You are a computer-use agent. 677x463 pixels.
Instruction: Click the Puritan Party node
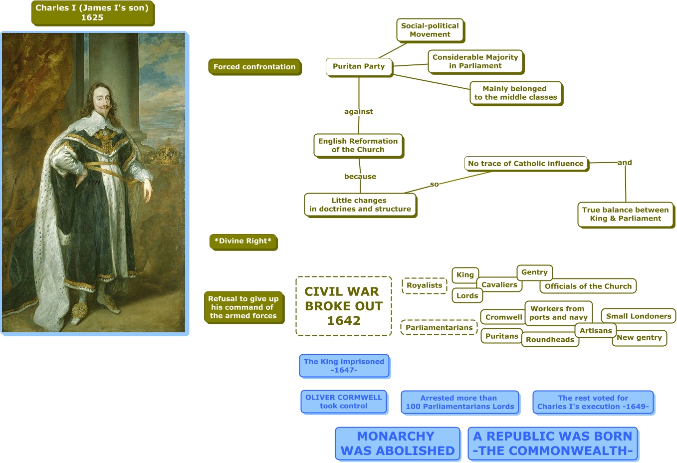pyautogui.click(x=359, y=66)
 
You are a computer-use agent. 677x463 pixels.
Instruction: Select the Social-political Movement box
pyautogui.click(x=430, y=30)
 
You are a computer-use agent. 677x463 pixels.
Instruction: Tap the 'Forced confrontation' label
pyautogui.click(x=254, y=67)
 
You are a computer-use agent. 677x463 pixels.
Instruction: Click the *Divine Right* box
pyautogui.click(x=243, y=241)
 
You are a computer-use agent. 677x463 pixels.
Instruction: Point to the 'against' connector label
pyautogui.click(x=358, y=112)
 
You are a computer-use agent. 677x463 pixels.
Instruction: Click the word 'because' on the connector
pyautogui.click(x=360, y=177)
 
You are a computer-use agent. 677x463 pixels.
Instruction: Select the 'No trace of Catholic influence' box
pyautogui.click(x=526, y=164)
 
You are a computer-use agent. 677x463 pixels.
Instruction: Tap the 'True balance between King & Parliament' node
pyautogui.click(x=625, y=214)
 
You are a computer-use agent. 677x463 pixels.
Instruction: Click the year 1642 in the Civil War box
pyautogui.click(x=344, y=321)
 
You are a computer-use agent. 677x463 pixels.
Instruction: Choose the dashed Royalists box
pyautogui.click(x=424, y=285)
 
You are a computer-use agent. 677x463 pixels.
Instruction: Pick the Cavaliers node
pyautogui.click(x=499, y=285)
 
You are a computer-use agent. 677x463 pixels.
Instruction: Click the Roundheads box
pyautogui.click(x=550, y=340)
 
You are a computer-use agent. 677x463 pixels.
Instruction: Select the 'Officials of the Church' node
pyautogui.click(x=588, y=286)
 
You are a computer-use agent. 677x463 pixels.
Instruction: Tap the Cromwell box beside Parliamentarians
pyautogui.click(x=503, y=317)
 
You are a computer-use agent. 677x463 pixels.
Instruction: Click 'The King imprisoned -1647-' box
pyautogui.click(x=344, y=366)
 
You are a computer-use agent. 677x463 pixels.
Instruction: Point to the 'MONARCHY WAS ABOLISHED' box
pyautogui.click(x=397, y=444)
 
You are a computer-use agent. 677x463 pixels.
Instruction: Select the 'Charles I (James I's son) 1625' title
pyautogui.click(x=92, y=13)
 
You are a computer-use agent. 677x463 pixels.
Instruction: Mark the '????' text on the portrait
pyautogui.click(x=94, y=183)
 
